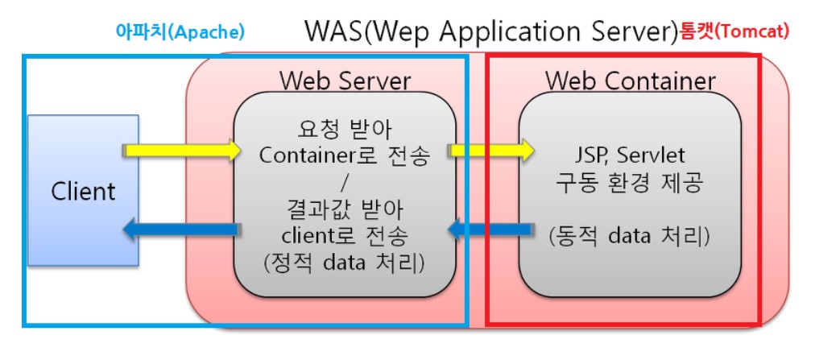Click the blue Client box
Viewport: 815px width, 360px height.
83,191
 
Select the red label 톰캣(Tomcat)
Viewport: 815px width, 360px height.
734,31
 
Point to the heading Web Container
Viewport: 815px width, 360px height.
631,81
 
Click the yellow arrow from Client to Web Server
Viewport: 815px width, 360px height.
182,150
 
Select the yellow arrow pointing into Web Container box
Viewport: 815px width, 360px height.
491,150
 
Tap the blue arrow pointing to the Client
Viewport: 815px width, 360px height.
181,231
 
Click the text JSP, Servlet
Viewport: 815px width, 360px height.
629,155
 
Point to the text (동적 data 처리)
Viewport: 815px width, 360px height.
629,237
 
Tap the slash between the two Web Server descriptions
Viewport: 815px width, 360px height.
345,182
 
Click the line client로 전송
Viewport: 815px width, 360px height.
345,237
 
